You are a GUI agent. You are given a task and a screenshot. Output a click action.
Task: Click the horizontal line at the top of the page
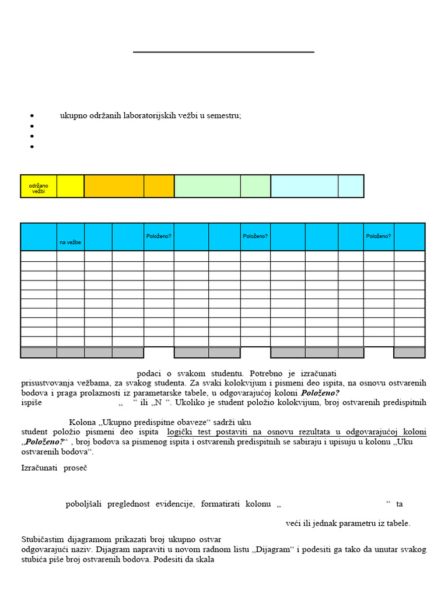(x=223, y=52)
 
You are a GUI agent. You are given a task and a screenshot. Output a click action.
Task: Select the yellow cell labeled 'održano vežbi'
(x=38, y=186)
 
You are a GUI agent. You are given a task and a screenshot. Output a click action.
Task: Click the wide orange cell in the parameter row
(x=114, y=186)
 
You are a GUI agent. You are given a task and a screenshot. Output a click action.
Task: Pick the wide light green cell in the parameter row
(x=207, y=186)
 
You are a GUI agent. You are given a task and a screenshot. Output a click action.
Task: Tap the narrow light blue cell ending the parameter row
(x=351, y=186)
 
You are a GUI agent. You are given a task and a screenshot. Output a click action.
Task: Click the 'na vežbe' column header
(x=70, y=242)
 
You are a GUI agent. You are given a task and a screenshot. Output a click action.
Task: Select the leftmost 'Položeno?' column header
(x=159, y=236)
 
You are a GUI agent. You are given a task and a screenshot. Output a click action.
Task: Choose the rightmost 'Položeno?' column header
(x=379, y=236)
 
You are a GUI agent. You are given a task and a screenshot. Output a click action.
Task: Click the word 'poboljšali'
(x=84, y=504)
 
